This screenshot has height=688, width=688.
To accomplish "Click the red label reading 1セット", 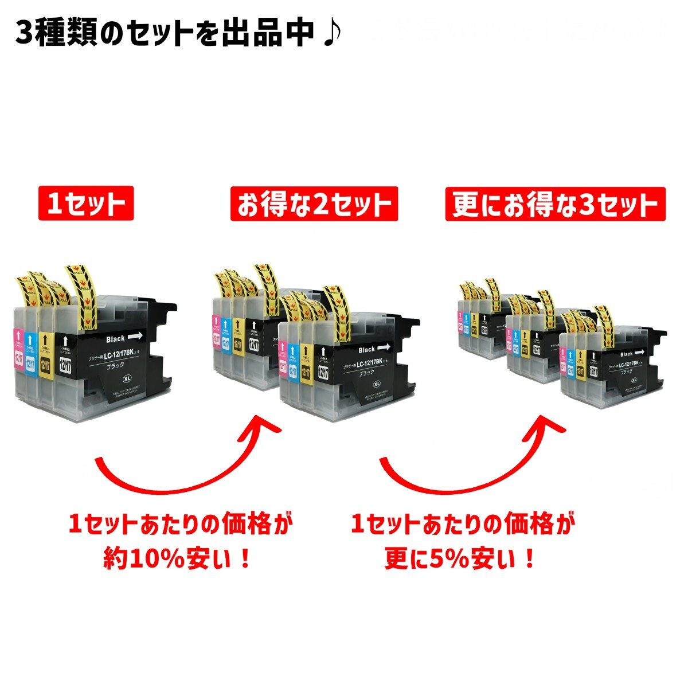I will click(86, 204).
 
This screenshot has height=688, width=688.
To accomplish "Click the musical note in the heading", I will click(331, 33).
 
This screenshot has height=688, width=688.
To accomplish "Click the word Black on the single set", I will click(115, 338).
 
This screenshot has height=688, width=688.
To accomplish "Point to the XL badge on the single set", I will click(126, 379).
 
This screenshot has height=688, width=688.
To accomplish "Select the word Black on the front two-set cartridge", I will click(367, 349).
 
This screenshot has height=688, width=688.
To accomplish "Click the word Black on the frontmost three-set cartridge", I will click(627, 354).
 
